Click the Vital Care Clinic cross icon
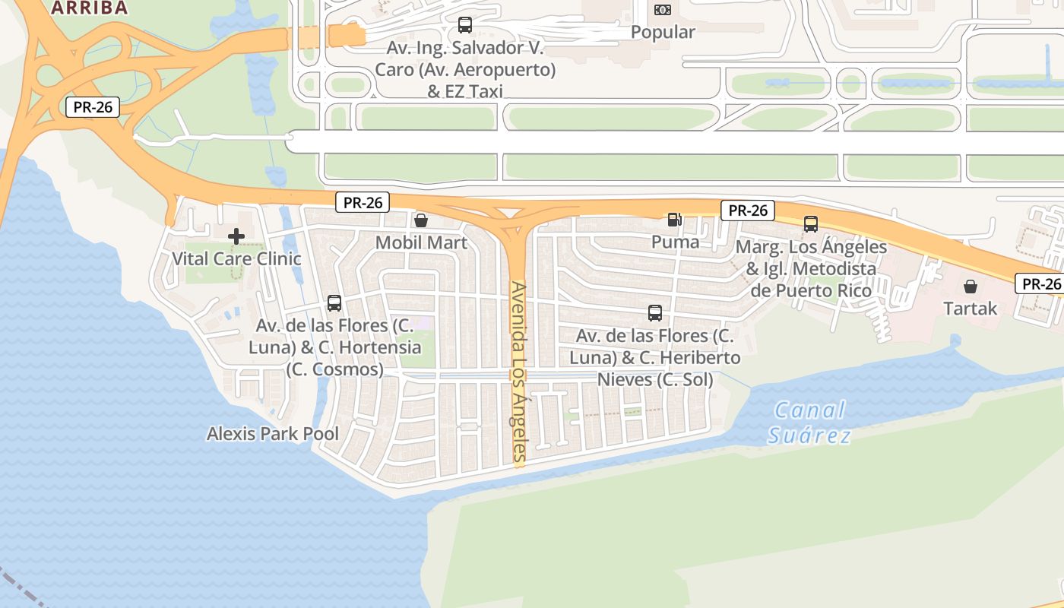pos(236,236)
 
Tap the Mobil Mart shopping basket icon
pos(421,220)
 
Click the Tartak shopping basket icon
pos(971,287)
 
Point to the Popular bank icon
pos(663,10)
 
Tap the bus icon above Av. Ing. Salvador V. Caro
pos(465,25)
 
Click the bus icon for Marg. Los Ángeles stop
pos(811,224)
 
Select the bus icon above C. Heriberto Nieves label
pos(655,312)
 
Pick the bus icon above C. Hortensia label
pos(334,303)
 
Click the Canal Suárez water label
pos(809,423)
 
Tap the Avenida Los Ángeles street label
pos(518,372)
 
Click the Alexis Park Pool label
pos(273,434)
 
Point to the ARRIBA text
pos(89,8)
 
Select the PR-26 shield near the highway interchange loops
pos(93,107)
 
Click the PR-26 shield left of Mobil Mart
pos(363,202)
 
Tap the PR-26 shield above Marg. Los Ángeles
pos(748,211)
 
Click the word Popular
pos(663,32)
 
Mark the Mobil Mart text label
pos(421,242)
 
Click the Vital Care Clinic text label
pos(236,258)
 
